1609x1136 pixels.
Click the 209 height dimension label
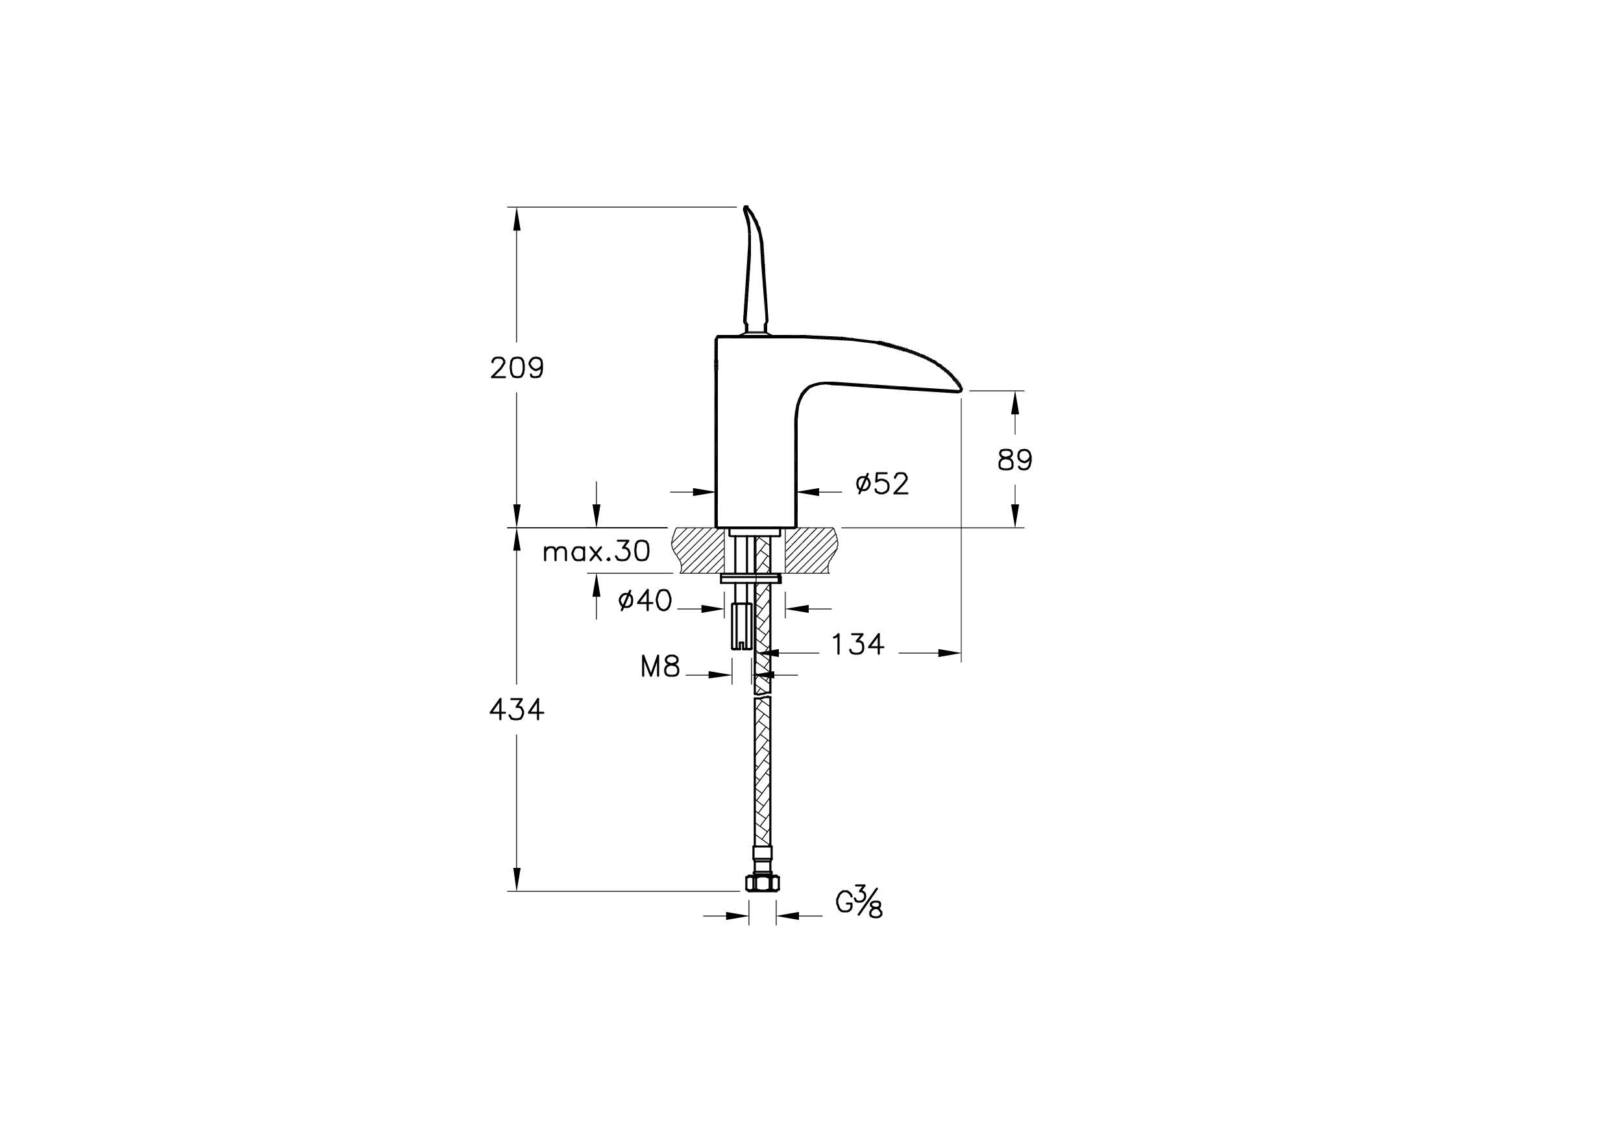[517, 368]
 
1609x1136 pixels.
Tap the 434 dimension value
[517, 711]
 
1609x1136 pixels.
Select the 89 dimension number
[1014, 460]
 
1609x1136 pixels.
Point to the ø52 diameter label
[882, 484]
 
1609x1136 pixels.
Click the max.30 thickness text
[596, 552]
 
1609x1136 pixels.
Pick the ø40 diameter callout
[645, 600]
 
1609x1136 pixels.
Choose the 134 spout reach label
[858, 644]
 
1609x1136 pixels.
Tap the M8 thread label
[660, 667]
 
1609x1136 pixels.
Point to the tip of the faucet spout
[961, 389]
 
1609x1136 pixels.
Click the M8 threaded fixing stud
[740, 626]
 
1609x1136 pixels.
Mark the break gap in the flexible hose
[763, 695]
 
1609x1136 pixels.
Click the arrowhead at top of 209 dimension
[517, 219]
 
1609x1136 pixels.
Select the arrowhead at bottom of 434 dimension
[517, 879]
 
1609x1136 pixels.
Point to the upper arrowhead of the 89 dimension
[1014, 402]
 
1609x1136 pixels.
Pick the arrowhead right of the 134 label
[949, 653]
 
